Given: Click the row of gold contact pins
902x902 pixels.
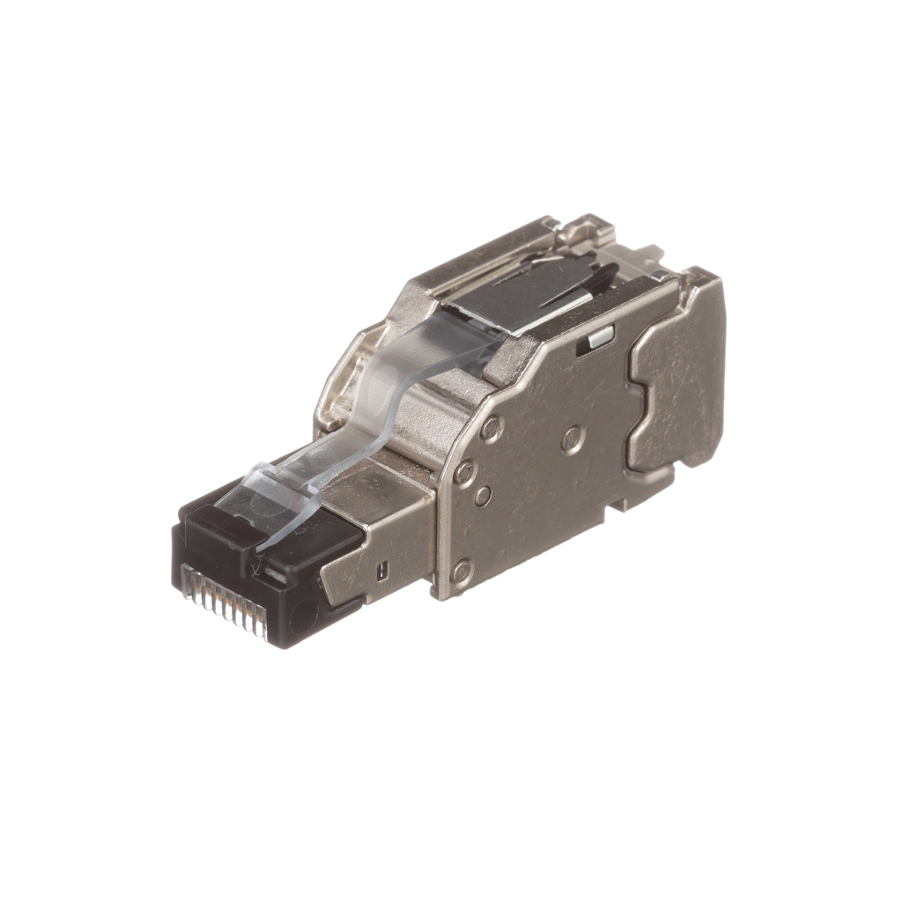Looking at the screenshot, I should coord(225,602).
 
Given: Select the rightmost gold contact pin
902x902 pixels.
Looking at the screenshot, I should coord(262,624).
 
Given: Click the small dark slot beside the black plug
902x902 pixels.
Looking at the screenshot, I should coord(381,571).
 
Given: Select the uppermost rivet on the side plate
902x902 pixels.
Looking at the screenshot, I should coord(492,428).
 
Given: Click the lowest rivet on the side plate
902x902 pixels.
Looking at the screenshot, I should coord(460,573).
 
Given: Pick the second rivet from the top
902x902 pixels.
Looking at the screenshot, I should coord(463,472).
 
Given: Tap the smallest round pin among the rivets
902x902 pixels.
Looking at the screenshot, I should coord(483,495).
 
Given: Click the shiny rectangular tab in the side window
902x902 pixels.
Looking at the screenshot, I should coord(600,336).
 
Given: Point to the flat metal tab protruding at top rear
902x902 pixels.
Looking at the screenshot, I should coord(647,256).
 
